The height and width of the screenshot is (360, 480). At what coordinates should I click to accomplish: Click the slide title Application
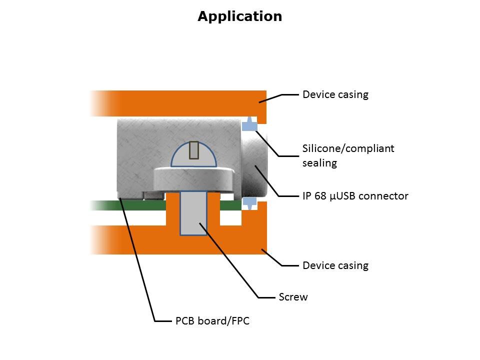click(239, 16)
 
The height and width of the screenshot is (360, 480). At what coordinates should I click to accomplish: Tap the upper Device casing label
click(335, 94)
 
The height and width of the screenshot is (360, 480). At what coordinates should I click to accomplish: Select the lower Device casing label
click(335, 265)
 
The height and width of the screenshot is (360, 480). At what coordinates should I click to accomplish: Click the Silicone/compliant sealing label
click(348, 155)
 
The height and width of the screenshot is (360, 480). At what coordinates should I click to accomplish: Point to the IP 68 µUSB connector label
click(355, 196)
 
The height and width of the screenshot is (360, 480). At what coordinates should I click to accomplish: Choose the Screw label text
click(293, 297)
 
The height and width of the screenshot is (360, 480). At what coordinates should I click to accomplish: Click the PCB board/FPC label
click(212, 321)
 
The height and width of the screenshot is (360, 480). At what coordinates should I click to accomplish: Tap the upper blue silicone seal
click(249, 125)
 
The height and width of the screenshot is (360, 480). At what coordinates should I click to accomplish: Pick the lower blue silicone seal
click(249, 202)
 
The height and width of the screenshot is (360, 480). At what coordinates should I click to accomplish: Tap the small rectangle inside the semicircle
click(194, 150)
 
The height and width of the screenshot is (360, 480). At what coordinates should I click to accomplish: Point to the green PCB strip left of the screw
click(130, 205)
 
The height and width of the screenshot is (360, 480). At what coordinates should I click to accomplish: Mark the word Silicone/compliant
click(348, 148)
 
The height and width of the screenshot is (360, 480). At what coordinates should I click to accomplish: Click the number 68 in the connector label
click(318, 196)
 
